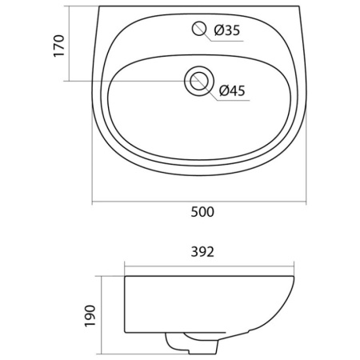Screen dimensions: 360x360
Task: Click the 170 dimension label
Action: (59, 46)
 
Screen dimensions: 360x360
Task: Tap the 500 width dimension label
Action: (202, 212)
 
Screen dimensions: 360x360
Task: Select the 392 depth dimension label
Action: (202, 252)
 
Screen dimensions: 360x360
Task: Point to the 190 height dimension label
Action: (90, 316)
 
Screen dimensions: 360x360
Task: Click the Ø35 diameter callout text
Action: (227, 30)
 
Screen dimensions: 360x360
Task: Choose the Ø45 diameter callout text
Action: (232, 90)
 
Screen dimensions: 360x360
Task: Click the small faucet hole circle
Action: (199, 28)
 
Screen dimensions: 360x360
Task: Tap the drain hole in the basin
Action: (199, 81)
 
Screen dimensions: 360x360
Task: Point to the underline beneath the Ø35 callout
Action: (227, 41)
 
